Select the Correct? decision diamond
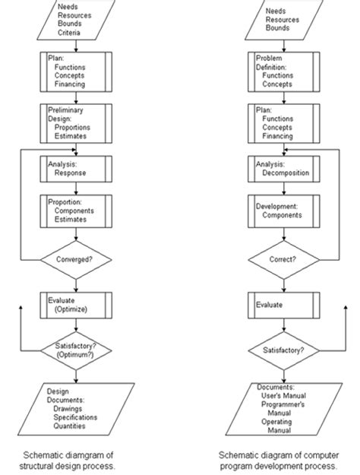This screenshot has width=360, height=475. [x=283, y=258]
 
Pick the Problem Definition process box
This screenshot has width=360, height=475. [x=283, y=71]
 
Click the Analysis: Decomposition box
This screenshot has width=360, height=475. [x=283, y=168]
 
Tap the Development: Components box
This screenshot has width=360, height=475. [x=283, y=211]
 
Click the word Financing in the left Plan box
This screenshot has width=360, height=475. [x=72, y=83]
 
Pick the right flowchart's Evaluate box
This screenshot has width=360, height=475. [x=283, y=304]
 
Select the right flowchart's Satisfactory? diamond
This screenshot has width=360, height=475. [x=283, y=350]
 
